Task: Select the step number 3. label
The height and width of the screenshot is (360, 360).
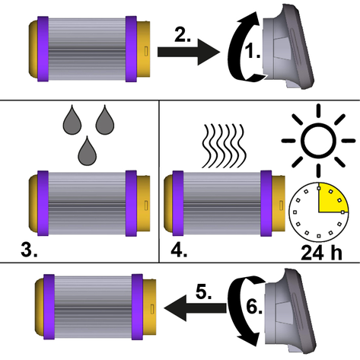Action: tap(29, 250)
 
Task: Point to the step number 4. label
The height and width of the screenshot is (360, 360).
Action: tap(179, 250)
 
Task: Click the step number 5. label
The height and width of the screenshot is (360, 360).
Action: tap(204, 292)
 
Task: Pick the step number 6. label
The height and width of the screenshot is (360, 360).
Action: tap(254, 307)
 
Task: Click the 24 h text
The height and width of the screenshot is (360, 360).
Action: tap(321, 253)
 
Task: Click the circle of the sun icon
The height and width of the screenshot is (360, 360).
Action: tap(318, 141)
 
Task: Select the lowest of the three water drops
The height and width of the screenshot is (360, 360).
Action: tap(87, 152)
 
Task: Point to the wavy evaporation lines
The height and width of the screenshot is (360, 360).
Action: tap(224, 146)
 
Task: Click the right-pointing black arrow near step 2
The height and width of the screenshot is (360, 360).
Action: tap(189, 52)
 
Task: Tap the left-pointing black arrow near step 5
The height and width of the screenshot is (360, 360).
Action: tap(195, 308)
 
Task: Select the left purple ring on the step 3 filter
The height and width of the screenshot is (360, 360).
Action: tap(43, 203)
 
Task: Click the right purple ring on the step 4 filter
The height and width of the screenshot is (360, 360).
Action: tap(266, 203)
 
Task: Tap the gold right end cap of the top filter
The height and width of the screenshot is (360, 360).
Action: tap(143, 49)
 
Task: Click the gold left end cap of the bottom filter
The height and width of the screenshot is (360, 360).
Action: tap(40, 307)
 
